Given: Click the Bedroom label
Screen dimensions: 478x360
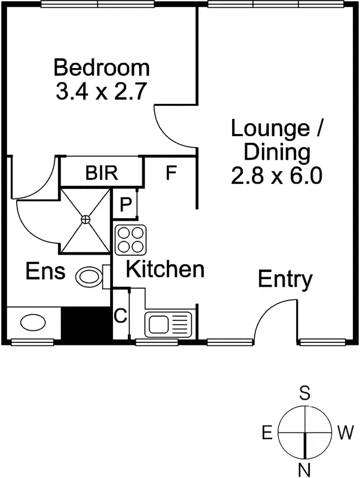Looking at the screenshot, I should click(x=101, y=66).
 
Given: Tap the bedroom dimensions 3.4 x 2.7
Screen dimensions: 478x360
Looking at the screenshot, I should click(x=101, y=92).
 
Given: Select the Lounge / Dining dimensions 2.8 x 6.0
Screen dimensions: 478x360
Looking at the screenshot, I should click(x=277, y=176).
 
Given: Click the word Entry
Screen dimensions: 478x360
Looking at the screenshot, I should click(x=285, y=280).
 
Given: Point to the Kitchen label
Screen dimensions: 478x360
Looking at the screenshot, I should click(x=164, y=269).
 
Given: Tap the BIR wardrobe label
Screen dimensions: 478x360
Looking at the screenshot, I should click(x=102, y=173).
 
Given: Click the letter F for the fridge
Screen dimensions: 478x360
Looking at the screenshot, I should click(x=171, y=174).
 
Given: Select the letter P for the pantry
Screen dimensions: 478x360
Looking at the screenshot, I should click(x=126, y=204).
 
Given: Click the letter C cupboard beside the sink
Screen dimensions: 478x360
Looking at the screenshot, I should click(x=121, y=315).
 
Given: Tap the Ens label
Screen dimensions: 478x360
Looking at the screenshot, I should click(x=45, y=272).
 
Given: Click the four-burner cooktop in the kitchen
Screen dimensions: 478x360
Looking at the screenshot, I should click(x=130, y=239).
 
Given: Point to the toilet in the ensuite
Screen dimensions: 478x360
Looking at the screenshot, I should click(x=91, y=277).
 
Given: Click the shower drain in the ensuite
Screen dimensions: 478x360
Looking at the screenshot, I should click(x=86, y=220).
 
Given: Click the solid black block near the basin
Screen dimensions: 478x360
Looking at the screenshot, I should click(x=87, y=324).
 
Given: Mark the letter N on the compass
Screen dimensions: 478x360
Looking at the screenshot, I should click(x=305, y=468).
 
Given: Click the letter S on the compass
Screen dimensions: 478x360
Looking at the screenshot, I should click(x=305, y=393).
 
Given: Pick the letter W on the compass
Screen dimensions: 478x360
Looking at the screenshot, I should click(x=345, y=432).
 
